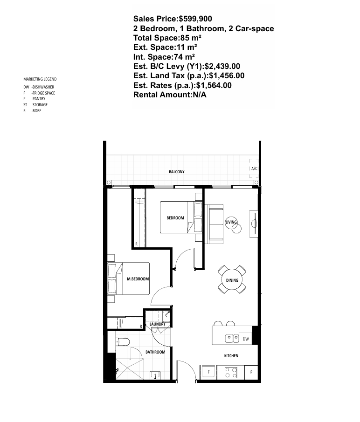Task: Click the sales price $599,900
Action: click(x=195, y=19)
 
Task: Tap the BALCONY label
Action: click(x=176, y=172)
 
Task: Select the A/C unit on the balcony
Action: click(x=254, y=169)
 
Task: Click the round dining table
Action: click(x=232, y=280)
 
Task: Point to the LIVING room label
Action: click(x=231, y=222)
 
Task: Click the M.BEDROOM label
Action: click(x=138, y=279)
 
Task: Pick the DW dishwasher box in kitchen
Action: click(x=245, y=339)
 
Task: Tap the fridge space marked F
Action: click(x=208, y=372)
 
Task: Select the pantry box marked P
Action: click(x=251, y=372)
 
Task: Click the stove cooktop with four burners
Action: click(x=231, y=373)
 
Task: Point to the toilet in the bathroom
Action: click(x=123, y=342)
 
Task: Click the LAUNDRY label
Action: click(x=157, y=324)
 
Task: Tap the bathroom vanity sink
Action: click(x=156, y=375)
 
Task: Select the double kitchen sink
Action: click(x=232, y=338)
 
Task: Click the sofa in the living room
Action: click(x=214, y=224)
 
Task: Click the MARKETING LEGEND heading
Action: click(x=40, y=79)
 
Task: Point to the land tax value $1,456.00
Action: click(x=227, y=75)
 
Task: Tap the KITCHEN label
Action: click(x=231, y=356)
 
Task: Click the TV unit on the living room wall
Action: click(x=254, y=224)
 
